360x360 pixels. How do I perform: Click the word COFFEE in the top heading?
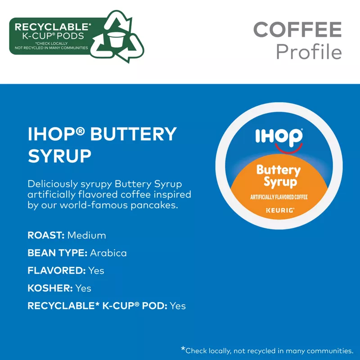[x=297, y=29]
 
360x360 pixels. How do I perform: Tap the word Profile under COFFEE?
[x=309, y=51]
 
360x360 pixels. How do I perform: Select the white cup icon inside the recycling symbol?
[x=117, y=40]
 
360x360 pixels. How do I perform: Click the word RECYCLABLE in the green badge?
[x=52, y=27]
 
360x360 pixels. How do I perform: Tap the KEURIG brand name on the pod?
[x=280, y=210]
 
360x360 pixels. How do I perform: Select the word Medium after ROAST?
[x=86, y=235]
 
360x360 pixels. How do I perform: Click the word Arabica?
[x=108, y=253]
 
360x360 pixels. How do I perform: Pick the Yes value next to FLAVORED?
[x=96, y=271]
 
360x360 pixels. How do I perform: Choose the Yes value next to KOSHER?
[x=83, y=288]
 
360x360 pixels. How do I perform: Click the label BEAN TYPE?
[x=58, y=253]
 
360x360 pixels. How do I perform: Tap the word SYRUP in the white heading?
[x=59, y=156]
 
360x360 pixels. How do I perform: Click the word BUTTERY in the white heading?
[x=133, y=134]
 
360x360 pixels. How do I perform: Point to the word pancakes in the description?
[x=154, y=205]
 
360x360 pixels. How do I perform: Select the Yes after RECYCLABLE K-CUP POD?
[x=178, y=306]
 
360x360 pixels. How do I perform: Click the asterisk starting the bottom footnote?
[x=183, y=349]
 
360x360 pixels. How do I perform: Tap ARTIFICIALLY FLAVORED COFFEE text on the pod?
[x=279, y=197]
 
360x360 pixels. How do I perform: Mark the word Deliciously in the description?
[x=53, y=184]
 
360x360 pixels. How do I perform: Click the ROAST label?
[x=46, y=235]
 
